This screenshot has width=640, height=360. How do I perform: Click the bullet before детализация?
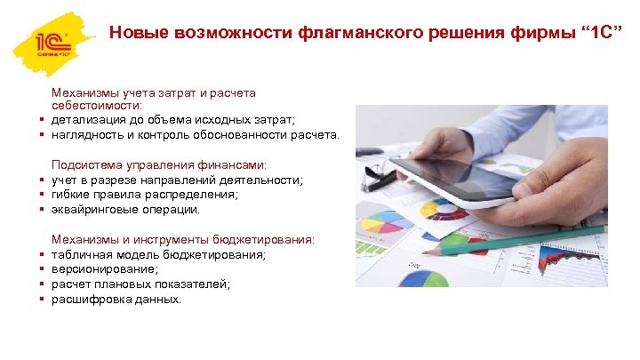(42, 120)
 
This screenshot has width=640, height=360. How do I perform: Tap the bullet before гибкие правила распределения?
(42, 195)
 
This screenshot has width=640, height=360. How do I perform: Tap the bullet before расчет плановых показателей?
(42, 284)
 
